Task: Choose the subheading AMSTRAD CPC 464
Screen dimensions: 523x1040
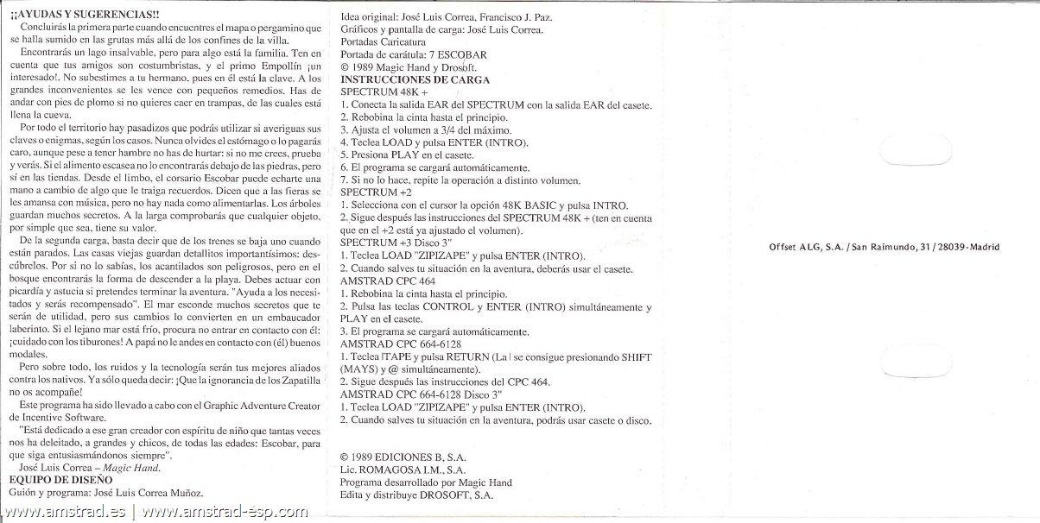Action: coord(388,281)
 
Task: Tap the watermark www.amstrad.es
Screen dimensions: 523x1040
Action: coord(66,513)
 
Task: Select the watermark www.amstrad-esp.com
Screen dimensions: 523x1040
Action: coord(225,513)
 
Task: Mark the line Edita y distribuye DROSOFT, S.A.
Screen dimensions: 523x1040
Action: coord(418,495)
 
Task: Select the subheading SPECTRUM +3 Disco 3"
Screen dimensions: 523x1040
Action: coord(403,243)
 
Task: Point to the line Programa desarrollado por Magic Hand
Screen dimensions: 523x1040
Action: coord(426,482)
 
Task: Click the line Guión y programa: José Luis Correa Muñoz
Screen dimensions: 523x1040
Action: coord(106,494)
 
